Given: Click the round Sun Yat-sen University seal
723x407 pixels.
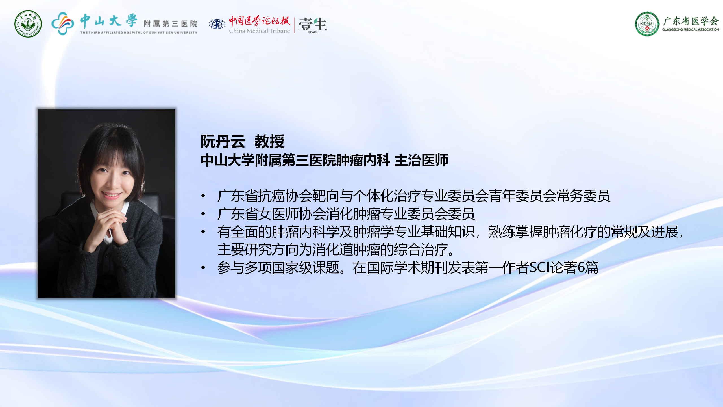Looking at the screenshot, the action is coord(28,24).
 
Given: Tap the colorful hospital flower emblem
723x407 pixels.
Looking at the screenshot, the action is coord(63,23).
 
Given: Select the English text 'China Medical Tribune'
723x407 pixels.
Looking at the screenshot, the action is coord(259,31).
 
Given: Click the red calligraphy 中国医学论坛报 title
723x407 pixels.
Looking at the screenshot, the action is coord(259,21).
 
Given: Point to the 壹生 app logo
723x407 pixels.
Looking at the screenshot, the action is coord(312,25).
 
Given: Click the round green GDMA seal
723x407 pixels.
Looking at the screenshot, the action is coord(647,24).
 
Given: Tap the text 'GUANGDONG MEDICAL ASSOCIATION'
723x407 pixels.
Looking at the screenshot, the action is coord(691,29).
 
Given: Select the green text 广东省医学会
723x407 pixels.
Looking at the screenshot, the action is coord(691,21).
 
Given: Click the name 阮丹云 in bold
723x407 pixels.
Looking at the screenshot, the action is coord(223,141).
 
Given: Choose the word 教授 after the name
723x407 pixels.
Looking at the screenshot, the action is coord(269,141).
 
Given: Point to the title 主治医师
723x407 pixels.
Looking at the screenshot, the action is coord(421,160).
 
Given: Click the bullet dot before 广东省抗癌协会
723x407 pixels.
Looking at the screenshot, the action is coord(203,196).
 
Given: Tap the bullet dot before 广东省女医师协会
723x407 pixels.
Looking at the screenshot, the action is coord(203,214).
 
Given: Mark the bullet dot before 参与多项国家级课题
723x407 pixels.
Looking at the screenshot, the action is coord(203,267).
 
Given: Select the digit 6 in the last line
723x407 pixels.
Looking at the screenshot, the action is coord(581,267).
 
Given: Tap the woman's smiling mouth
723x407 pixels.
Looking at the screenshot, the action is coord(112,195).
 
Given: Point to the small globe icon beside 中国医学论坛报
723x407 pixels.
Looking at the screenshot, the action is coord(217,24).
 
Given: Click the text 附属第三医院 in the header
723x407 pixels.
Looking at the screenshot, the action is coord(170,24).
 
